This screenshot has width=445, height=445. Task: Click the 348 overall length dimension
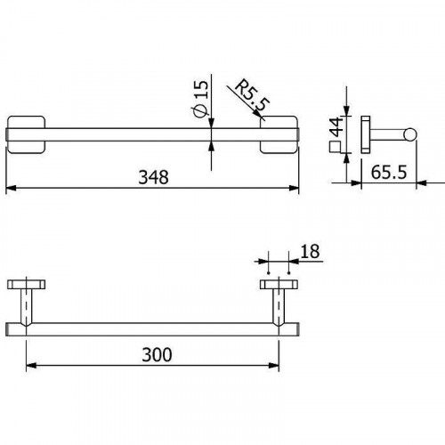153,177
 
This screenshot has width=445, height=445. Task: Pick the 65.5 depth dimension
390,173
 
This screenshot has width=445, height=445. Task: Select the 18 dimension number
309,254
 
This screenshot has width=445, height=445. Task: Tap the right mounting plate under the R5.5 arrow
278,133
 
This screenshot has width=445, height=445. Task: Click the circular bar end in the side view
410,133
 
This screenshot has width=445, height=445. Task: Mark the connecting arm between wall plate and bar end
388,133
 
